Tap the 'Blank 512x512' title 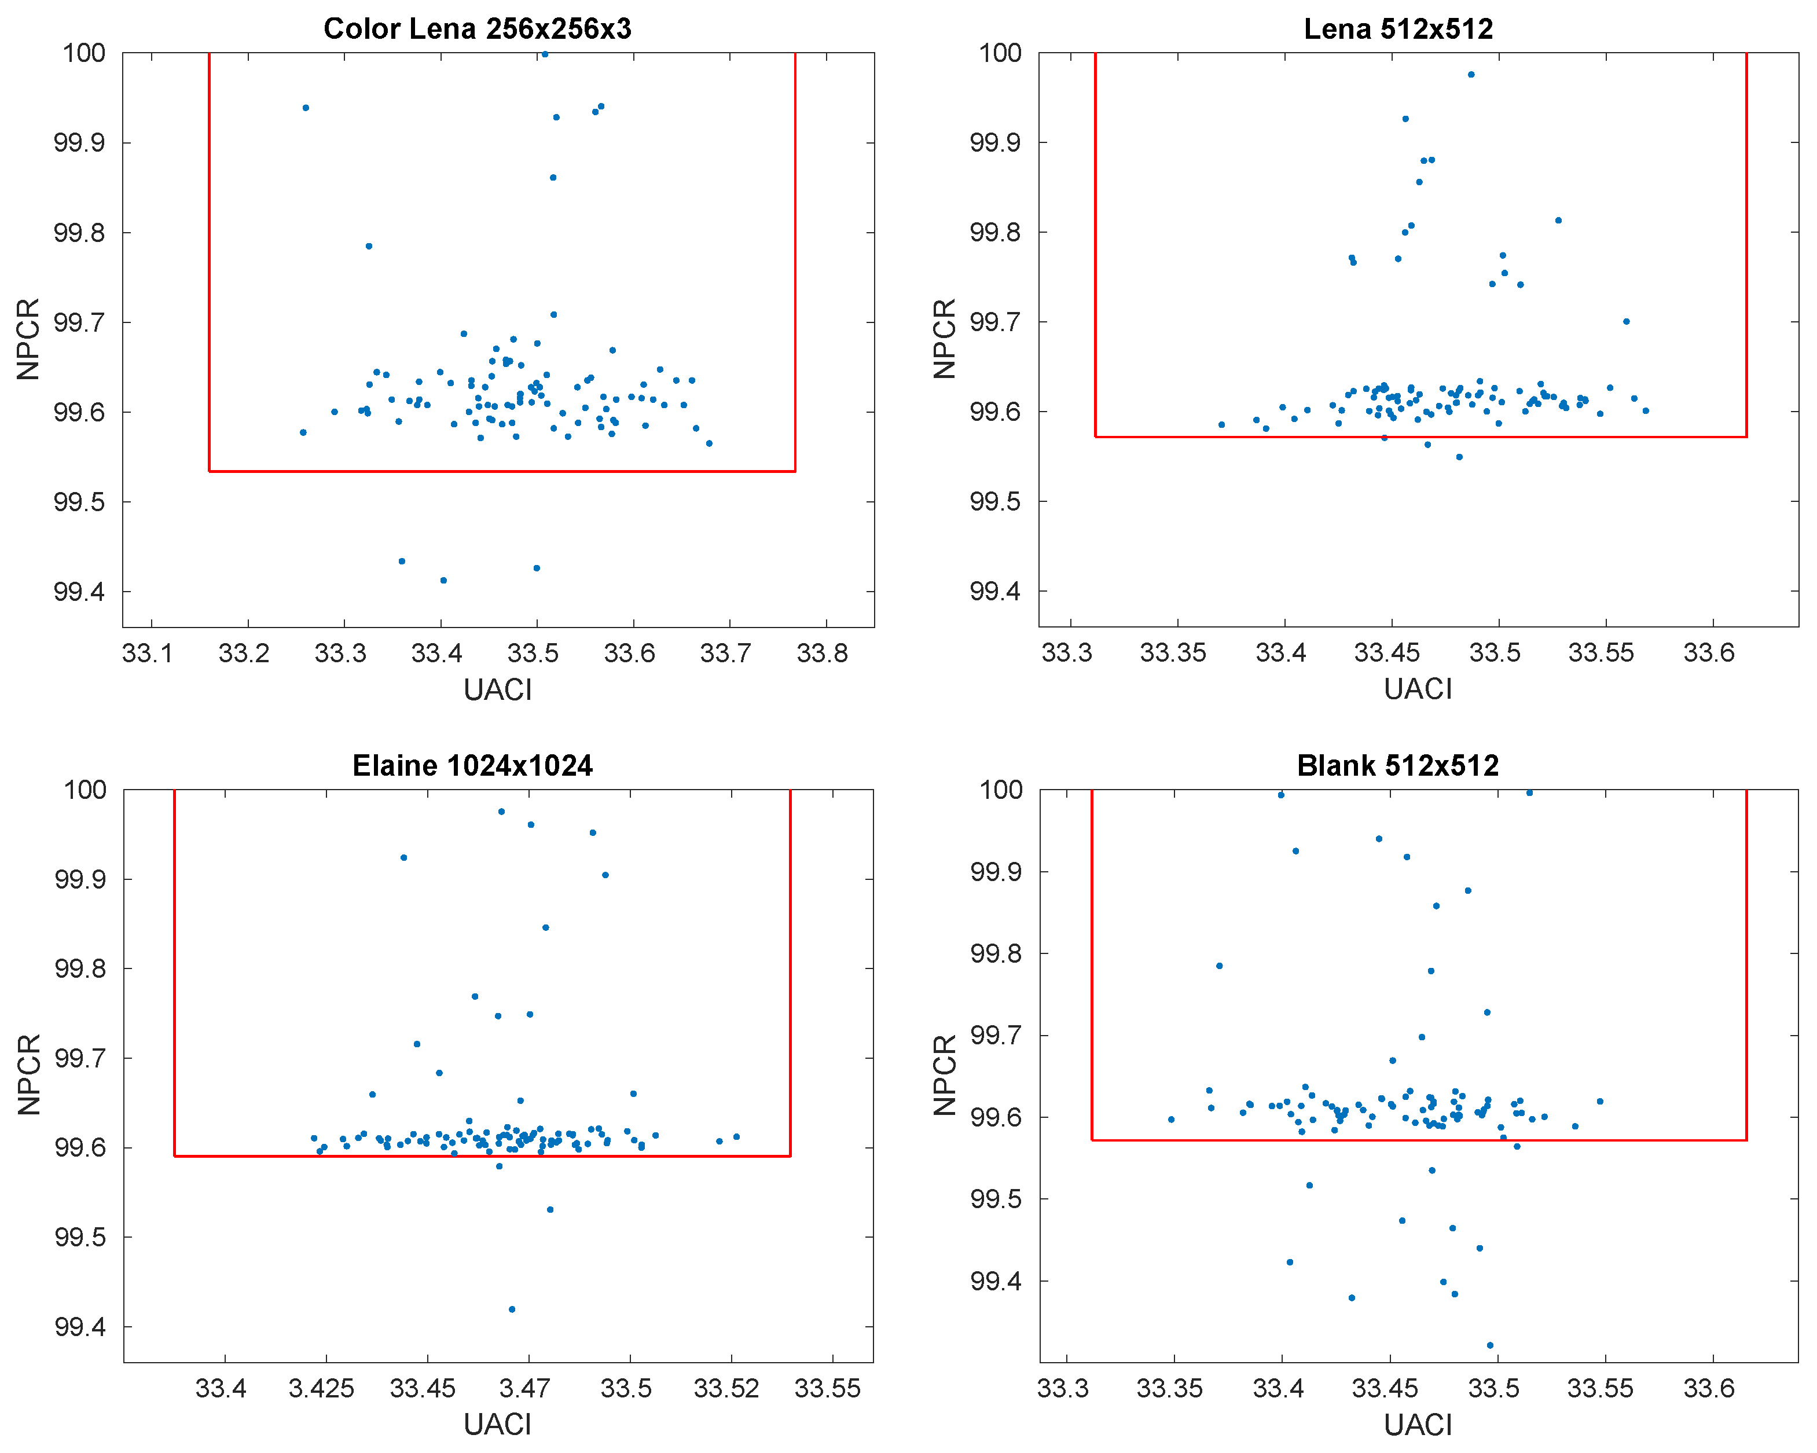click(x=1397, y=765)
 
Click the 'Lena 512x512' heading click(x=1397, y=29)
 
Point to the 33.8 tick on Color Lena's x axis click(x=822, y=653)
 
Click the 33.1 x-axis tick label click(x=148, y=653)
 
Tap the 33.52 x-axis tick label click(x=726, y=1388)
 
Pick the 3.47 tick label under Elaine click(x=524, y=1388)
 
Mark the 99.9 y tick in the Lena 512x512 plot click(x=996, y=142)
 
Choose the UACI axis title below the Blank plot click(x=1418, y=1425)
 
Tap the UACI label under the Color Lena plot click(x=497, y=689)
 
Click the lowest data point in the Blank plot click(x=1490, y=1346)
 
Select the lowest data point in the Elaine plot click(x=512, y=1309)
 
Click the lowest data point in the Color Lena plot click(x=443, y=581)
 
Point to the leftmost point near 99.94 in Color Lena click(x=306, y=108)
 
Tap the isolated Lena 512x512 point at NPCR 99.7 click(x=1627, y=321)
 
